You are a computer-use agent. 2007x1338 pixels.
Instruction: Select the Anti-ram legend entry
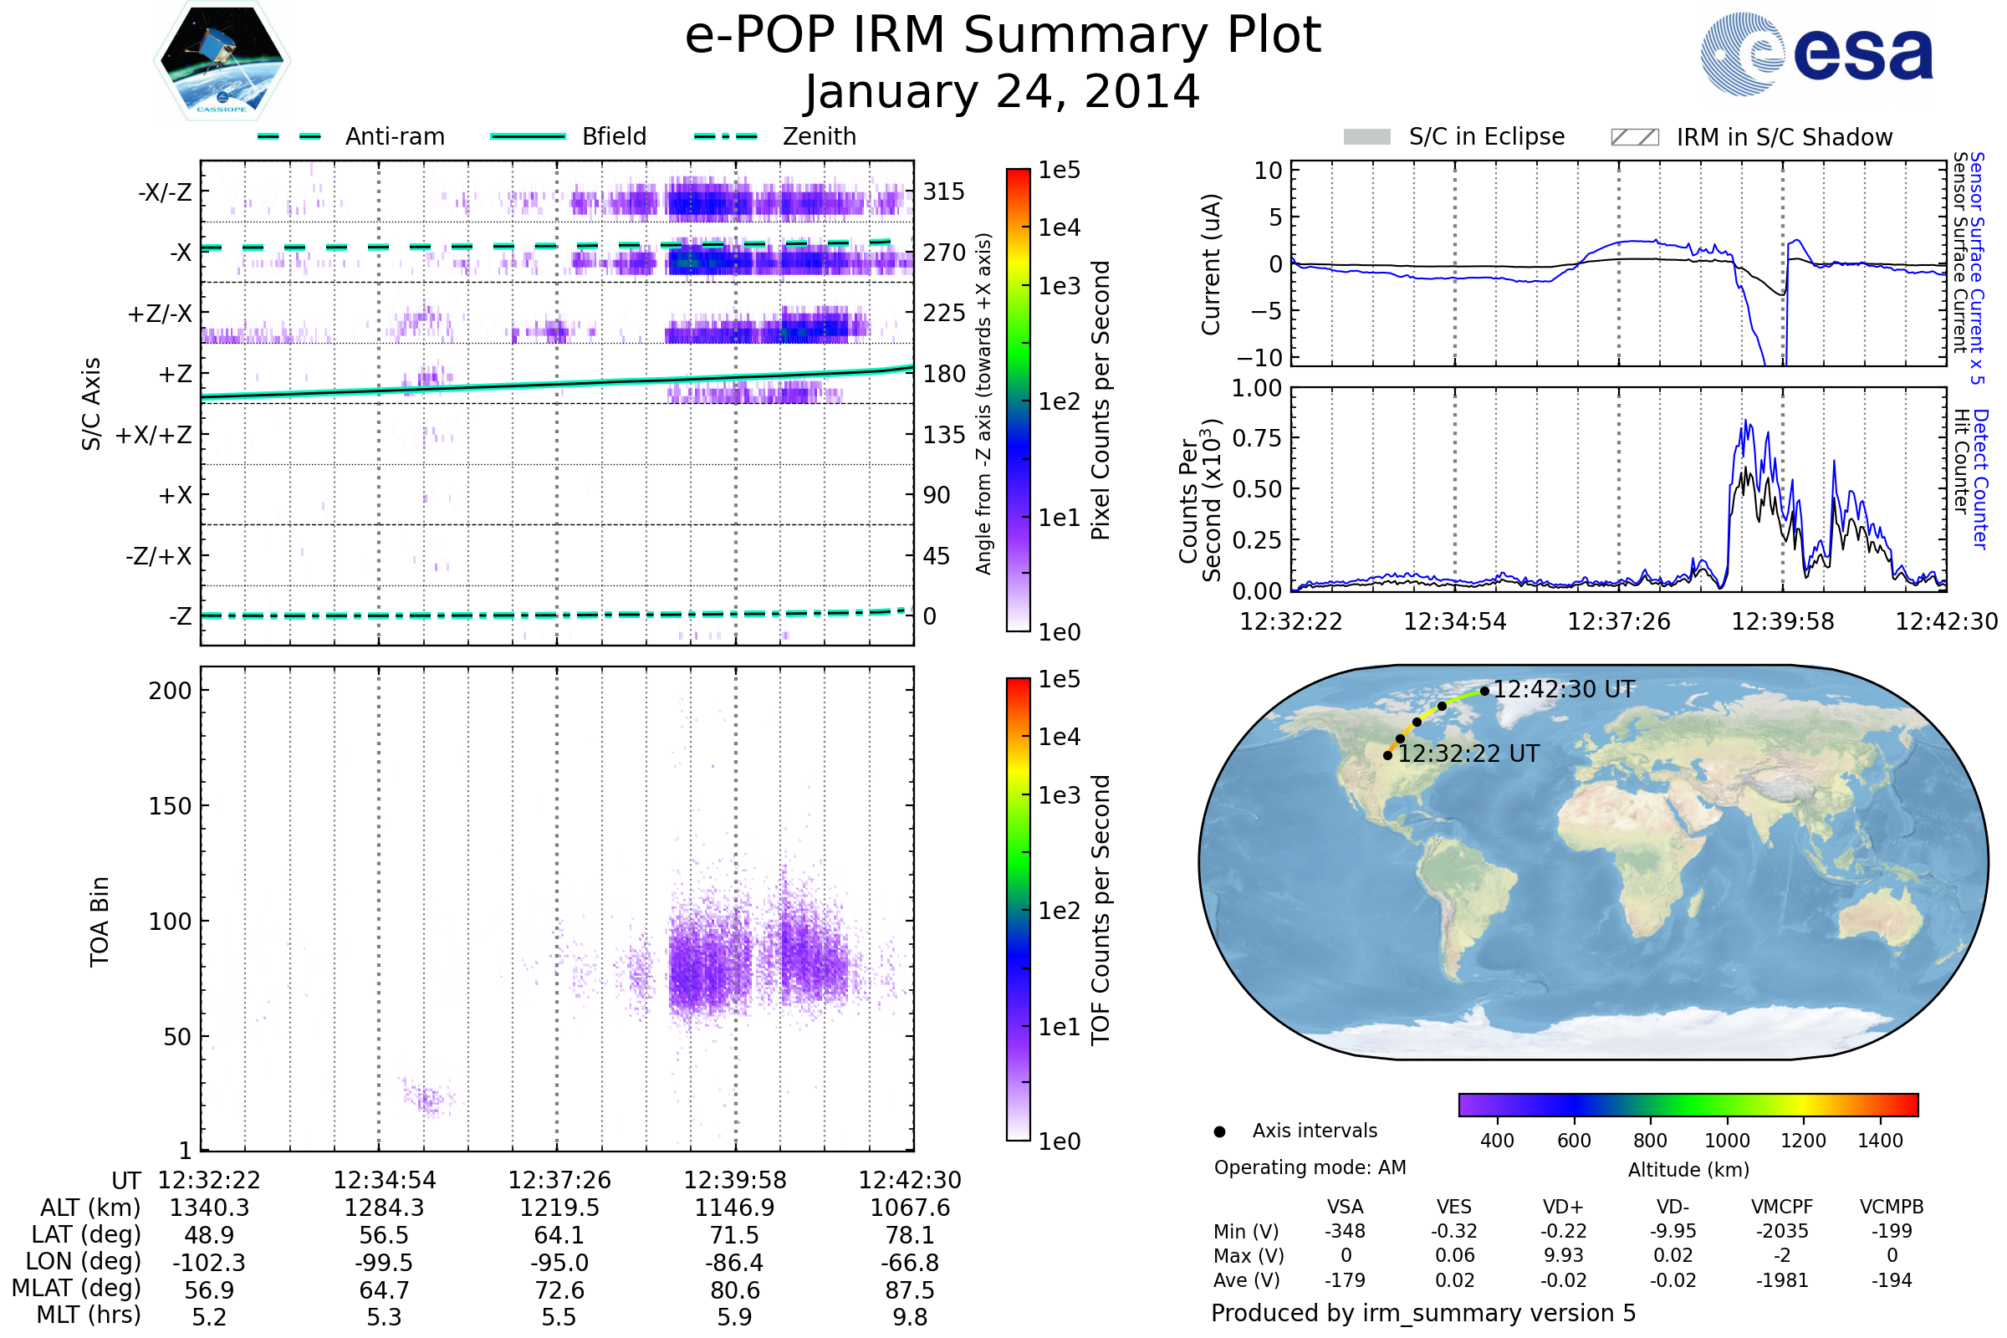(x=394, y=136)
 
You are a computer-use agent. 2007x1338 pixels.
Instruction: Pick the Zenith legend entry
(x=819, y=136)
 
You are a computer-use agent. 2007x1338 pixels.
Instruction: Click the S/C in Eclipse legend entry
(x=1486, y=136)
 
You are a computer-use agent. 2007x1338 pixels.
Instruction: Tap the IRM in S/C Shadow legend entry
(x=1784, y=137)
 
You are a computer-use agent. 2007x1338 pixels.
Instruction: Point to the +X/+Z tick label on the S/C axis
(x=154, y=435)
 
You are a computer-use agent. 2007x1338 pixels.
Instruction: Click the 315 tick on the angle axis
(x=943, y=192)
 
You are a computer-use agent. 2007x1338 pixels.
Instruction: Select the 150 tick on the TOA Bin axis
(x=170, y=806)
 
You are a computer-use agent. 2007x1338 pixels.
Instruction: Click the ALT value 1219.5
(x=559, y=1208)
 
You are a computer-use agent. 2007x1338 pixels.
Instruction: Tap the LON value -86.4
(x=735, y=1263)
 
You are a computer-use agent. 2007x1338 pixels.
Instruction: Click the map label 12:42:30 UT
(x=1563, y=689)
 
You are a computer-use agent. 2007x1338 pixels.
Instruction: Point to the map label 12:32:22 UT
(x=1468, y=754)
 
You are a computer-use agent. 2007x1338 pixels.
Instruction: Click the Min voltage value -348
(x=1345, y=1231)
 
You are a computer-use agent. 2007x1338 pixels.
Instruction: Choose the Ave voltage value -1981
(x=1782, y=1280)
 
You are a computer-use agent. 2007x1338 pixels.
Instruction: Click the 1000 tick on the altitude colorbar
(x=1727, y=1141)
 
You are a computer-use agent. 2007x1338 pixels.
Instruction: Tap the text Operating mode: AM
(x=1310, y=1167)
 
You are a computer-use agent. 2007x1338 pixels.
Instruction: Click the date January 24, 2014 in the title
(x=1003, y=92)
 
